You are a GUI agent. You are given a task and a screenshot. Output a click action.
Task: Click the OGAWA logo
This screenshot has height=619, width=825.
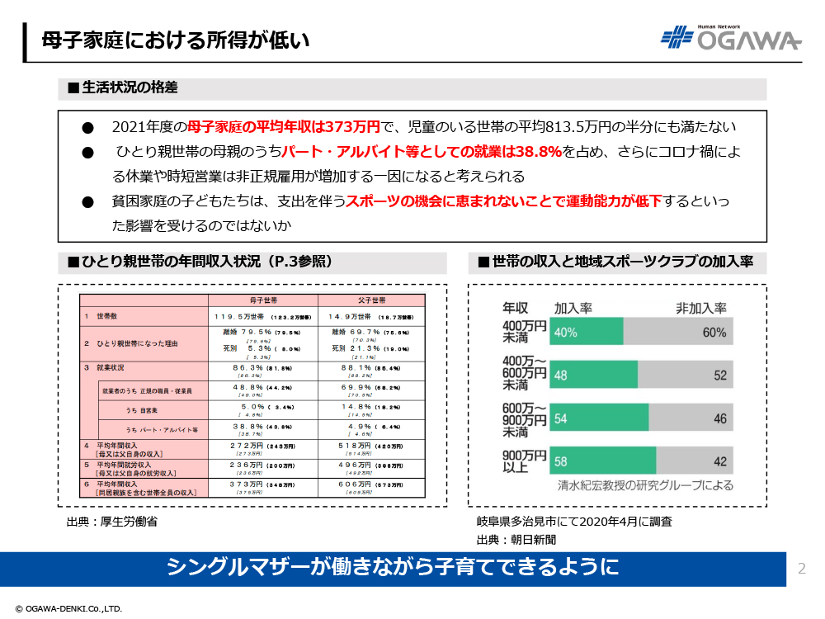(731, 38)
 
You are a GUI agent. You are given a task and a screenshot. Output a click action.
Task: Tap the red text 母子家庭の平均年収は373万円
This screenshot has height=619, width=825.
(283, 127)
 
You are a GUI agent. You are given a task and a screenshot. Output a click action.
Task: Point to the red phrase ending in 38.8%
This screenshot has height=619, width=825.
(422, 152)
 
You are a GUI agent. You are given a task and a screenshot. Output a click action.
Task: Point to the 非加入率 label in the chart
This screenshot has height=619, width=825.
(700, 308)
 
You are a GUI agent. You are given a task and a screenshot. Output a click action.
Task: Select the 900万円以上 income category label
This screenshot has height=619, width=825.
(525, 461)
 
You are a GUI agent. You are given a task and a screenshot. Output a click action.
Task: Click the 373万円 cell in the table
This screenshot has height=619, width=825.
(247, 484)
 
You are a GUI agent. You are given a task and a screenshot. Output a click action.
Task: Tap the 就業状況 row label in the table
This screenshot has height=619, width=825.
(111, 366)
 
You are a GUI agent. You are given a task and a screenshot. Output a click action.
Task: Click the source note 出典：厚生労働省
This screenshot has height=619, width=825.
(112, 522)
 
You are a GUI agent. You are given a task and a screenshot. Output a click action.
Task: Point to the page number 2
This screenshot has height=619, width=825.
(802, 568)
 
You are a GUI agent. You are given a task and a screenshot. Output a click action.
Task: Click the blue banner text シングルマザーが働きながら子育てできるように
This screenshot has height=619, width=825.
(393, 568)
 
